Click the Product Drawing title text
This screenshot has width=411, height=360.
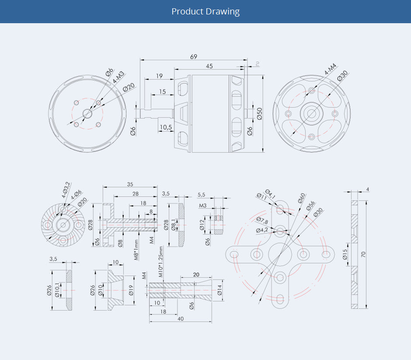point(205,11)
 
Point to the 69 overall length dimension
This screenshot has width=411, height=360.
point(193,56)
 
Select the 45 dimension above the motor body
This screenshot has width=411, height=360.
point(209,66)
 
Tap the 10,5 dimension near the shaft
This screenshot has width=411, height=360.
point(165,127)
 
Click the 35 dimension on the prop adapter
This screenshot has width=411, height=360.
point(130,184)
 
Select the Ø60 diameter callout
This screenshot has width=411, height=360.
point(302,198)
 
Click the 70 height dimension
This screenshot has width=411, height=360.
point(363,254)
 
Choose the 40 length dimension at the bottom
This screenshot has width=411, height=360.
point(180,319)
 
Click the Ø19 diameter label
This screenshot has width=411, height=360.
point(131,290)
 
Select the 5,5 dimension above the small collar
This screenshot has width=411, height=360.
point(202,194)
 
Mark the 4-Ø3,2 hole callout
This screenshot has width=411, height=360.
point(66,190)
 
